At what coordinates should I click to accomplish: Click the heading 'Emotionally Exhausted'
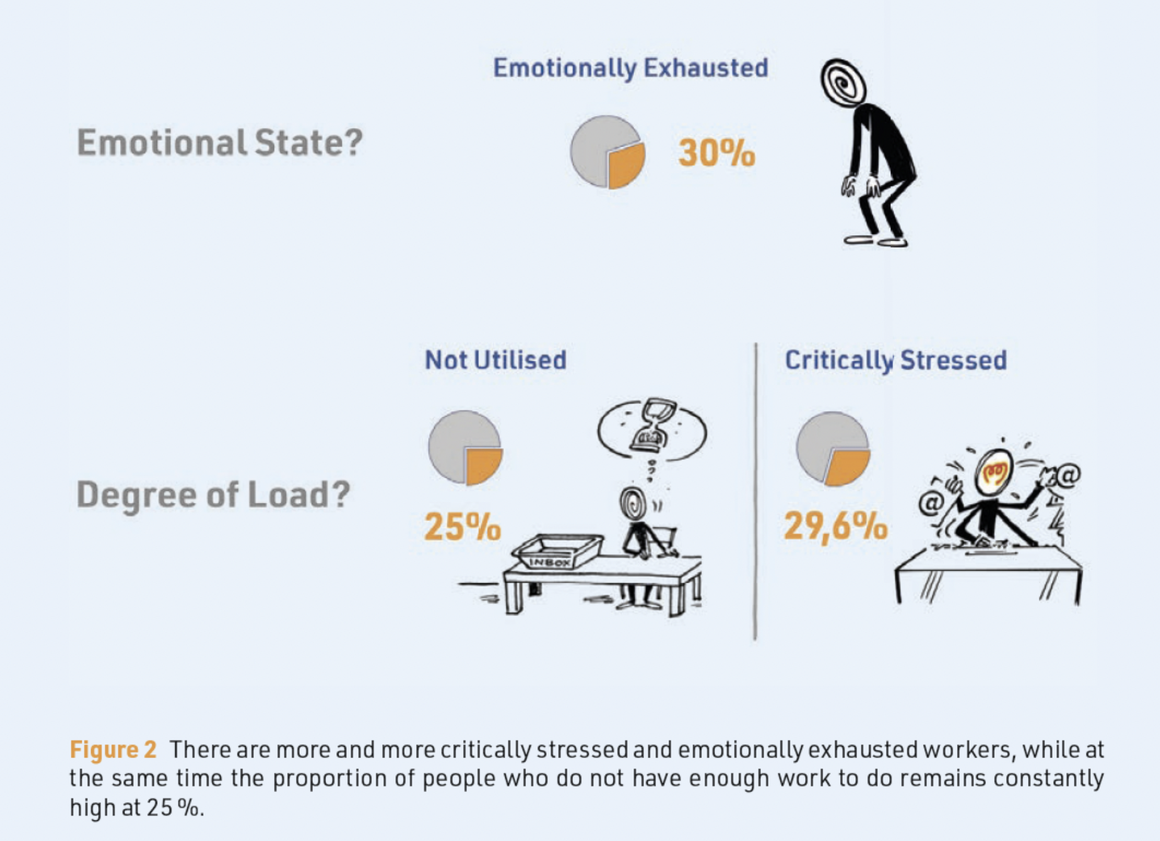630,68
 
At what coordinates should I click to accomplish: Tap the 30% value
716,153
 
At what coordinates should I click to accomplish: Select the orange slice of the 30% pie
625,165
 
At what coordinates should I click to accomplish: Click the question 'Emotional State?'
219,143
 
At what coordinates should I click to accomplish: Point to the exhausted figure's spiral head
843,82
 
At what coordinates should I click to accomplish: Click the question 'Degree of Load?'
213,495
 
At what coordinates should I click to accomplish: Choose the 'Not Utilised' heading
496,360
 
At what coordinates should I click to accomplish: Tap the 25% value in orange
462,527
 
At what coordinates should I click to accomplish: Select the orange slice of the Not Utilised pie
483,465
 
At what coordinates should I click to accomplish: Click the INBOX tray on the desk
557,551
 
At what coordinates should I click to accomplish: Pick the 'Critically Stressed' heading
895,360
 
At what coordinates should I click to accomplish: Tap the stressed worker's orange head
993,471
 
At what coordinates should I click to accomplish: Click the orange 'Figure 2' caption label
113,750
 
